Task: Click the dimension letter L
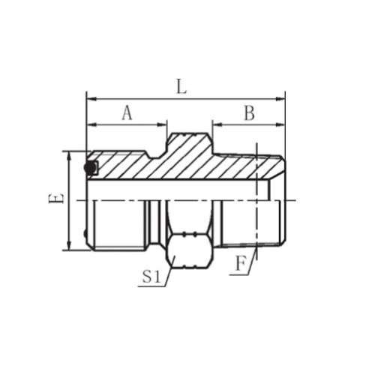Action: (181, 87)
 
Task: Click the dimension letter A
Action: (127, 112)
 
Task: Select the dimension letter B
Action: (249, 112)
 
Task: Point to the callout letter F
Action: (241, 264)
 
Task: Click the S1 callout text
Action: (151, 277)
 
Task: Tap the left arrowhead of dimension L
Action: (91, 99)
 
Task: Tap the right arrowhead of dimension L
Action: (280, 99)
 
